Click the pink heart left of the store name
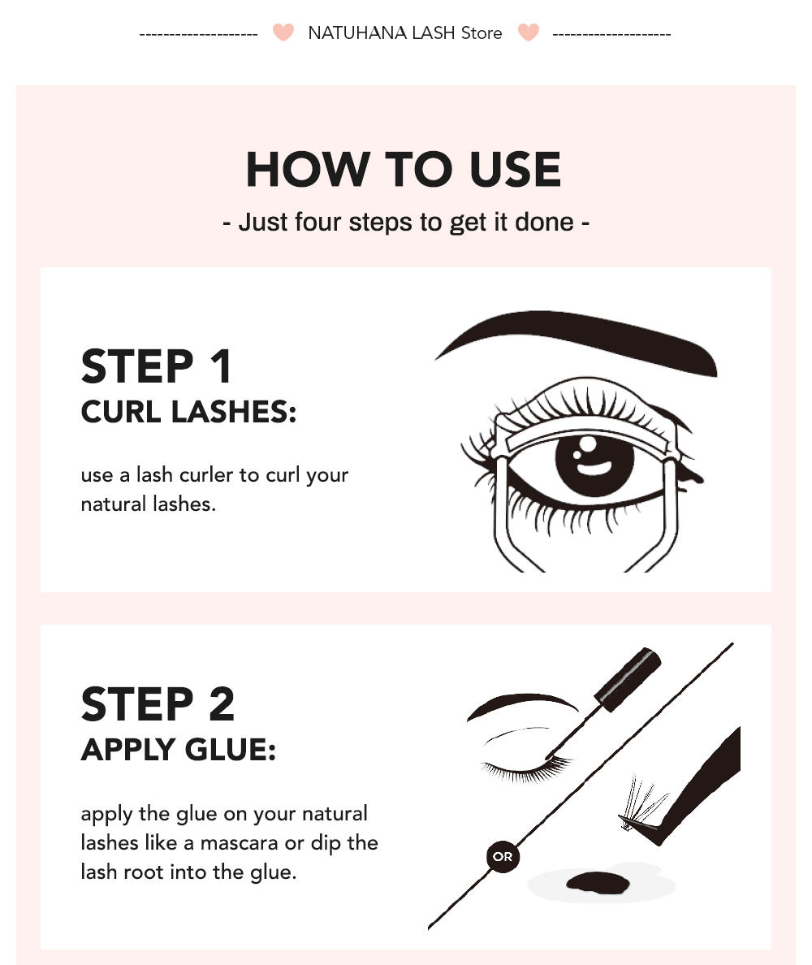tap(283, 33)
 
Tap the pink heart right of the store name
tap(529, 33)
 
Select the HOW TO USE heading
tap(404, 170)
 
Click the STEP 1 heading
tap(157, 366)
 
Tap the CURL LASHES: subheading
tap(188, 411)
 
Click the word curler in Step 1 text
tap(232, 475)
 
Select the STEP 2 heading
tap(158, 703)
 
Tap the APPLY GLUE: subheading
tap(179, 749)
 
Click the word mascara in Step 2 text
tap(240, 843)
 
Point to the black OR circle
tap(503, 856)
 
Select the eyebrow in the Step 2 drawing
tap(520, 704)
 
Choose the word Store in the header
tap(482, 33)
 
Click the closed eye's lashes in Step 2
tap(520, 768)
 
